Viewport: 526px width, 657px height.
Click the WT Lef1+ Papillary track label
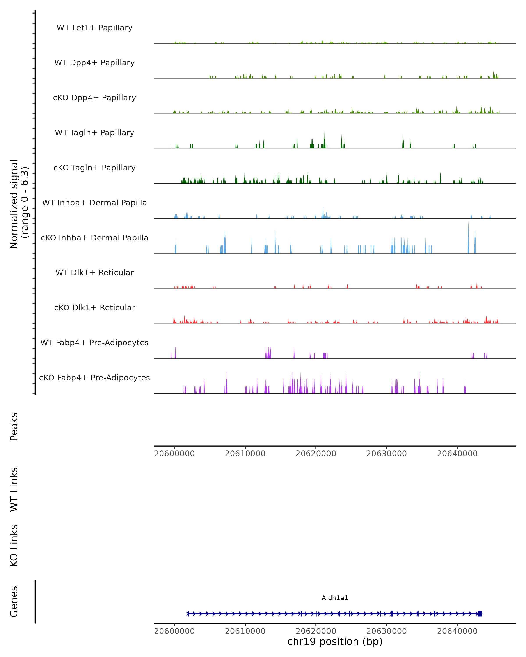tap(94, 28)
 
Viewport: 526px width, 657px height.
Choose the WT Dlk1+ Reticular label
tap(94, 272)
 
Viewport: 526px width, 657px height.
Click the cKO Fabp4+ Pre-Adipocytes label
tap(94, 378)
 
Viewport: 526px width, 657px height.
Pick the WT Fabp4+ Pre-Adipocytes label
tap(94, 343)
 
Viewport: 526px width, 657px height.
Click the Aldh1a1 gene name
tap(335, 598)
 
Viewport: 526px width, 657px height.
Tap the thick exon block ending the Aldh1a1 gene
tap(480, 613)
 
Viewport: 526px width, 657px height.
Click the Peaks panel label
tap(14, 426)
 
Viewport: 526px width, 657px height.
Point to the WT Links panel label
tap(14, 489)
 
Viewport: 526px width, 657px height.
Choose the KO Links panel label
tap(14, 546)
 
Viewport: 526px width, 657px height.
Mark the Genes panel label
tap(14, 602)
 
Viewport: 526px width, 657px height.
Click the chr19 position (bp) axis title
tap(335, 641)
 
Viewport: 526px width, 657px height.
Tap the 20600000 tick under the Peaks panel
tap(174, 454)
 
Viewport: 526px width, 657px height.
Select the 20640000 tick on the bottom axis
tap(457, 631)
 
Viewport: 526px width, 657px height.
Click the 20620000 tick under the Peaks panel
tap(316, 454)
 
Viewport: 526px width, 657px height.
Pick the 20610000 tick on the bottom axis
tap(245, 631)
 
